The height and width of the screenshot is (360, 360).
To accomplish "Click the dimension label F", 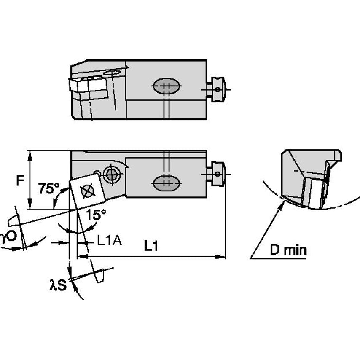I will point(19,181).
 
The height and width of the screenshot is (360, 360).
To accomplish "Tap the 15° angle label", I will point(96,215).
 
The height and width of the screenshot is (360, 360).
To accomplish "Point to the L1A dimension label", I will point(109,241).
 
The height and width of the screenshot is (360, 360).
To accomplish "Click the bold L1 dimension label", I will point(150,246).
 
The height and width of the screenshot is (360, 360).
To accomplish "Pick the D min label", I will point(288,250).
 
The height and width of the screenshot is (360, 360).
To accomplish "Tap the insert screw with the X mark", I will point(87,191).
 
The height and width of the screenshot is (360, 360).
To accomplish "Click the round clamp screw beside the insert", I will point(112,174).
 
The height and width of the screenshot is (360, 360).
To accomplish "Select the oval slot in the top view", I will point(167,87).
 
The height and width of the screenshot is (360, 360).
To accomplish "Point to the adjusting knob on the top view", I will point(218,89).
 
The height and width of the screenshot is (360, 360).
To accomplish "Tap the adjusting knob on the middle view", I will point(218,173).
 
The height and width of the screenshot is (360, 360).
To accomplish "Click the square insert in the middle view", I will point(88,191).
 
